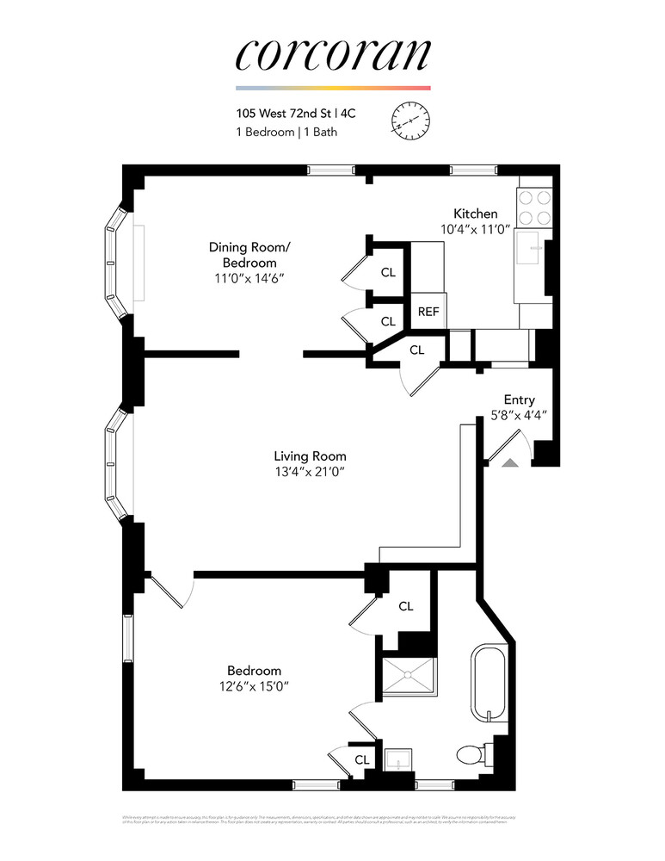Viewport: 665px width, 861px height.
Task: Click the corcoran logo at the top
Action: pyautogui.click(x=332, y=53)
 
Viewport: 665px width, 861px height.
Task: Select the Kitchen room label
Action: pyautogui.click(x=475, y=214)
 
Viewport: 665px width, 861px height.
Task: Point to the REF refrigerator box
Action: pyautogui.click(x=428, y=312)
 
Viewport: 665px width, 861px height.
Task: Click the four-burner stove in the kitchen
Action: pyautogui.click(x=533, y=207)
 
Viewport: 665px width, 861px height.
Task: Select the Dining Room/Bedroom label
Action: pyautogui.click(x=249, y=255)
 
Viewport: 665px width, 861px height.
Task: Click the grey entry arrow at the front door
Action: pyautogui.click(x=509, y=463)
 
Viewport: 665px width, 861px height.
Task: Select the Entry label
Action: pyautogui.click(x=519, y=400)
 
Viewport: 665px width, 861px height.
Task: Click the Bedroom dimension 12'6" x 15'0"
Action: pyautogui.click(x=254, y=686)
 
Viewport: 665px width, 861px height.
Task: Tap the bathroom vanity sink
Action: pyautogui.click(x=397, y=761)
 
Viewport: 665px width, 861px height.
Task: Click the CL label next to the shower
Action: pyautogui.click(x=406, y=606)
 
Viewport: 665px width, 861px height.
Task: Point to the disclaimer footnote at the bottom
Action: pyautogui.click(x=332, y=821)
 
